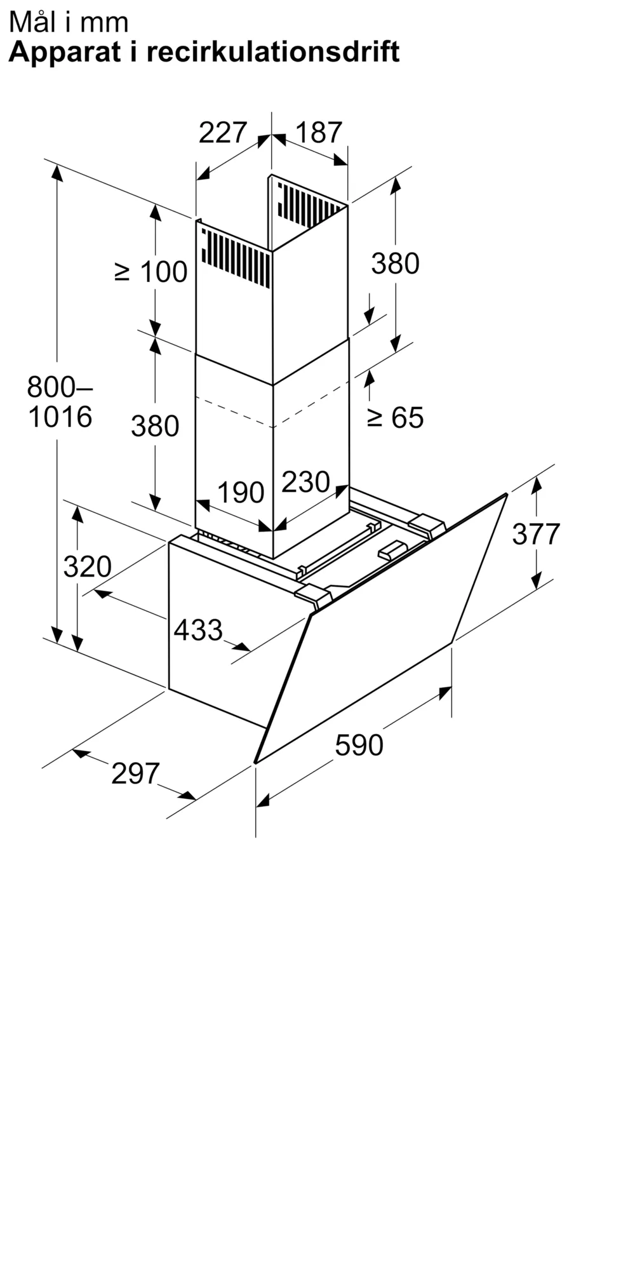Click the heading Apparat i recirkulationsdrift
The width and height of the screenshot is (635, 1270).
click(x=204, y=52)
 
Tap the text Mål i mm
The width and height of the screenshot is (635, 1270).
click(x=69, y=22)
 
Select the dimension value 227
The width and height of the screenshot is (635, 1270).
click(x=222, y=132)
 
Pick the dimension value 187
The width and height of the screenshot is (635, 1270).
click(x=319, y=132)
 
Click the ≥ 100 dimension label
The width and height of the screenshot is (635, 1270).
click(x=151, y=272)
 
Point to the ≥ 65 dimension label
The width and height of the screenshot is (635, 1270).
click(x=395, y=417)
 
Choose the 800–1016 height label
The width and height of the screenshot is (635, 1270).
click(x=60, y=401)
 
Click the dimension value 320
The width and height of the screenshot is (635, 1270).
click(x=88, y=566)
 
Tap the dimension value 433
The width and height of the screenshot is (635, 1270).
click(x=198, y=630)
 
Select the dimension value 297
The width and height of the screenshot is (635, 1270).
click(x=135, y=773)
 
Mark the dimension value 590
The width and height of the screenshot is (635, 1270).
click(x=359, y=745)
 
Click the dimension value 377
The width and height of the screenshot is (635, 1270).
click(x=536, y=534)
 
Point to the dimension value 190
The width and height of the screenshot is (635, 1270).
click(x=241, y=493)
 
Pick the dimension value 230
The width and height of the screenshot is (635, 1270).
click(x=305, y=482)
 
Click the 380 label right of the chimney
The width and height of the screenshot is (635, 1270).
click(x=395, y=264)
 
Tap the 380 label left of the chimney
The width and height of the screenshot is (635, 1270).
click(x=155, y=425)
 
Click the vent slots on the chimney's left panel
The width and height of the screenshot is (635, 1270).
click(x=236, y=258)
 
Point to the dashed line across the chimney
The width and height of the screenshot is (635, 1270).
click(x=272, y=405)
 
